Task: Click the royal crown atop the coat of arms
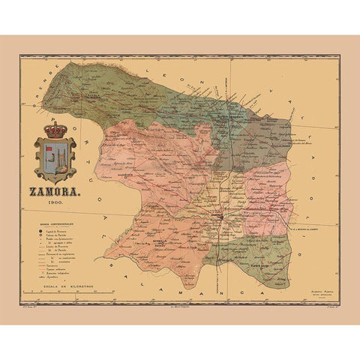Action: coord(55,131)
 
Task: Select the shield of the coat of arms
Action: coord(55,160)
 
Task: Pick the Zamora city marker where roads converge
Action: coord(218,217)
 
